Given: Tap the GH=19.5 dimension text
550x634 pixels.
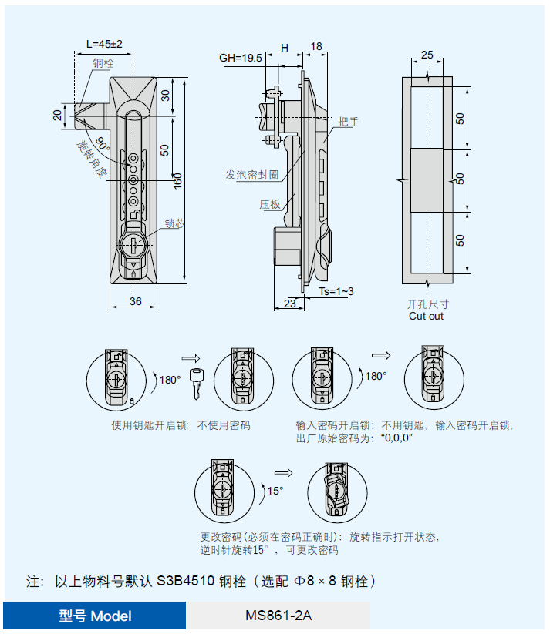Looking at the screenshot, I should tap(241, 58).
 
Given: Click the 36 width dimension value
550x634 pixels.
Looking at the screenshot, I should tap(135, 301).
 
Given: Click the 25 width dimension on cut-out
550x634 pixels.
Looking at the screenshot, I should tap(427, 55).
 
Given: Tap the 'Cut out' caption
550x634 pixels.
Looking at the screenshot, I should tap(426, 316).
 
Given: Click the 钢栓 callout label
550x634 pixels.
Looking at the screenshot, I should tap(103, 64).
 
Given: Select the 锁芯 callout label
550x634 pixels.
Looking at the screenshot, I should tap(174, 224).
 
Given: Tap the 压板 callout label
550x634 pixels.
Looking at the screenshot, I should tap(269, 204).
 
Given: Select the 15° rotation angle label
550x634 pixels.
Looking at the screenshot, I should tap(275, 491).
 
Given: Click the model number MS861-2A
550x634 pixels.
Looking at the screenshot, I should tap(278, 616).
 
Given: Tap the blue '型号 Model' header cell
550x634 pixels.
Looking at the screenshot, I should tap(95, 616).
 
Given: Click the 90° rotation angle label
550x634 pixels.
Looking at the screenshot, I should tap(104, 143).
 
